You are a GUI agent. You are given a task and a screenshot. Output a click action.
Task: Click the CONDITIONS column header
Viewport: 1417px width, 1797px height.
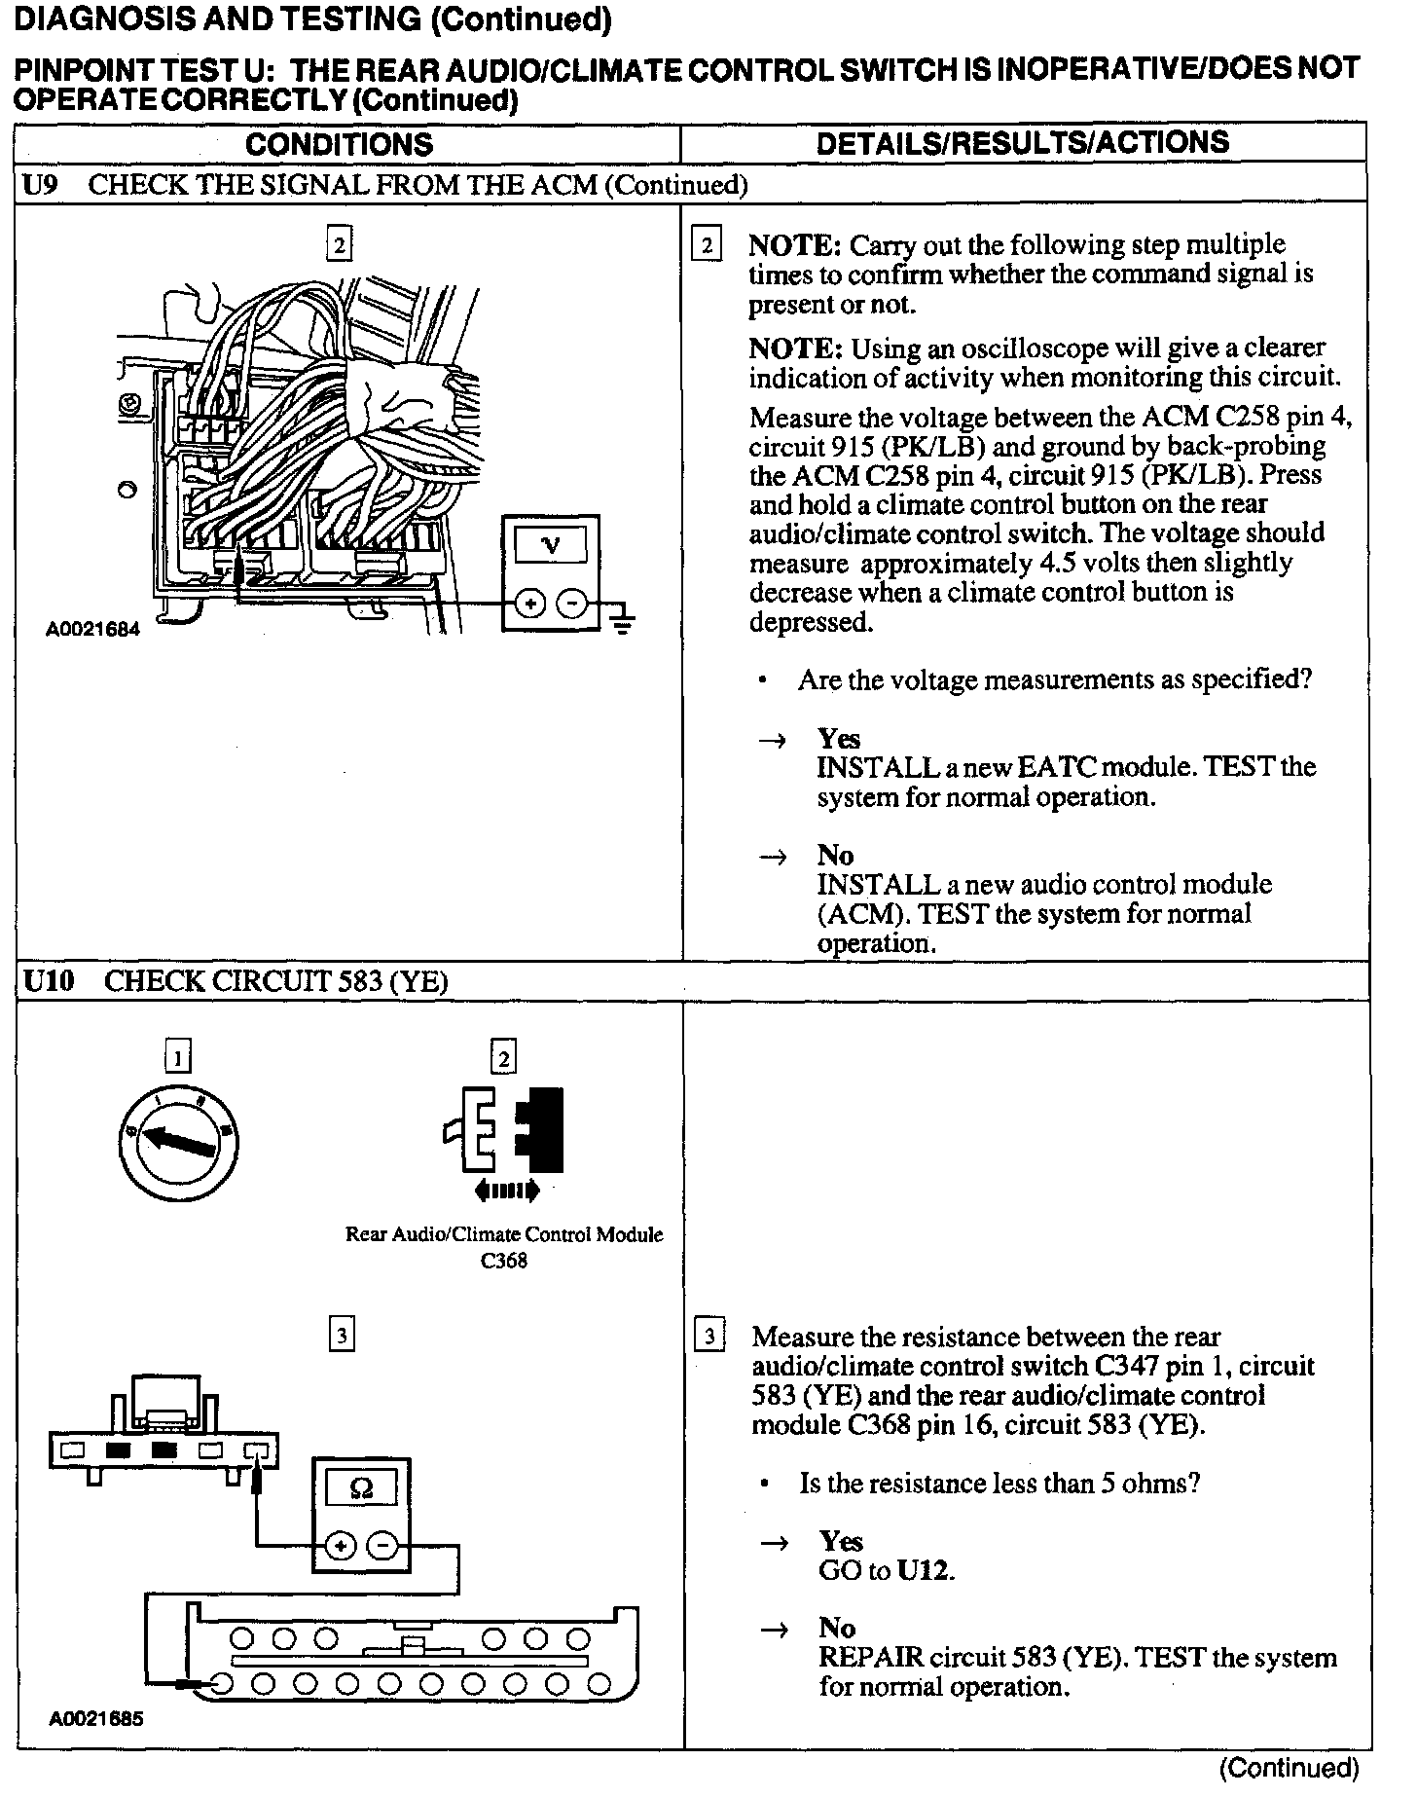click(339, 144)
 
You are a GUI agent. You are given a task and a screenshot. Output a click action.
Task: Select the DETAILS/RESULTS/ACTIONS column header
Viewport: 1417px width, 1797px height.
click(1022, 143)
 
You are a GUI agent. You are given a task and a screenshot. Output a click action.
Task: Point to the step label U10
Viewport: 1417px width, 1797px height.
click(48, 981)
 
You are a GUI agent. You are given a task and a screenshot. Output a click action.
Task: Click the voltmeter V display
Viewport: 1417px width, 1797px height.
click(551, 545)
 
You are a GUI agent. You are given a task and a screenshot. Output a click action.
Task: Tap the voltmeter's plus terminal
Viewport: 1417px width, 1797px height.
click(530, 605)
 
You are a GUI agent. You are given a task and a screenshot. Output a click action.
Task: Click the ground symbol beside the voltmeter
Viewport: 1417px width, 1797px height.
click(622, 619)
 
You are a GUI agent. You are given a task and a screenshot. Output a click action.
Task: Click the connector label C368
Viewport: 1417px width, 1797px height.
click(504, 1261)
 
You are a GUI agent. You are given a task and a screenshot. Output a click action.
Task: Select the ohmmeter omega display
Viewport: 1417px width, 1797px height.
click(360, 1488)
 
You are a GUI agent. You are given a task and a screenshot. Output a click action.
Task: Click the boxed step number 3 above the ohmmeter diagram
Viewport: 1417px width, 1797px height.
click(341, 1335)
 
